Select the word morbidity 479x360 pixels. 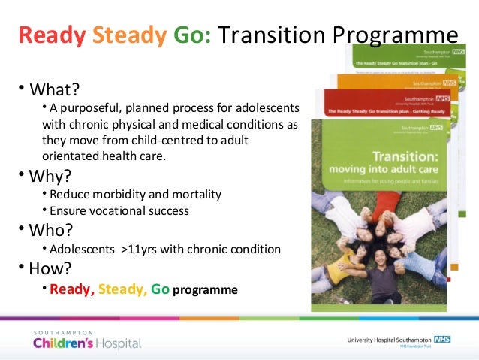(x=119, y=194)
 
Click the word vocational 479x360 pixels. (x=113, y=212)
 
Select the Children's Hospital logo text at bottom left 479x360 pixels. (x=86, y=343)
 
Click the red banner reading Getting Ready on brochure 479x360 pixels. (x=375, y=113)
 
